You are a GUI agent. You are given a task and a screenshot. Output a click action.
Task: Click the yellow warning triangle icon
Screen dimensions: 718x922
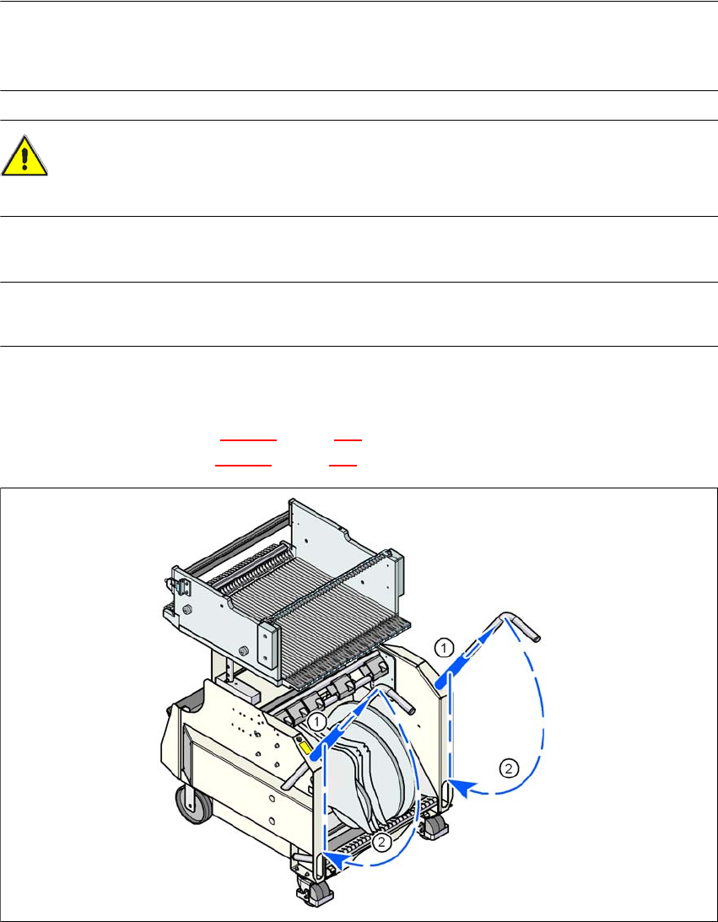pyautogui.click(x=24, y=156)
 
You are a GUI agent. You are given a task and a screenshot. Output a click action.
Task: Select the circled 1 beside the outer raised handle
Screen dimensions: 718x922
pyautogui.click(x=445, y=647)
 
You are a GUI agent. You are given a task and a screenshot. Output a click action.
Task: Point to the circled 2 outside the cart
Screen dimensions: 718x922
pyautogui.click(x=509, y=767)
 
